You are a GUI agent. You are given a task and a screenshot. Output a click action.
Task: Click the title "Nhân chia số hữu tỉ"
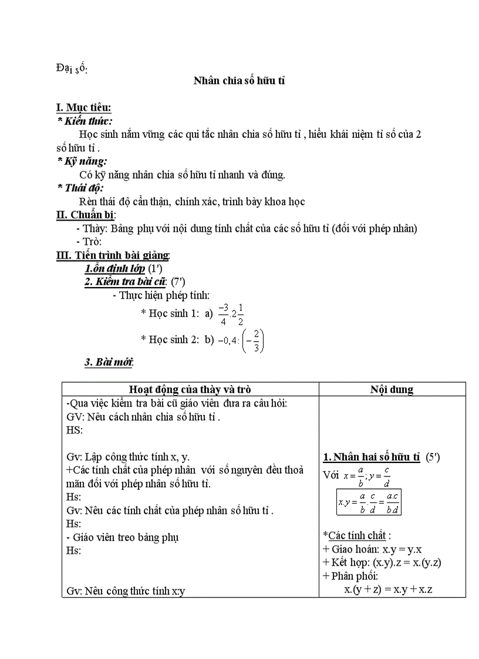point(239,81)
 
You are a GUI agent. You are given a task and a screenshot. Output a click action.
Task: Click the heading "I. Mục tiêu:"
point(83,107)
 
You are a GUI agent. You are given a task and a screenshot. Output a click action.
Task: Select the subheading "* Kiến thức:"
point(82,120)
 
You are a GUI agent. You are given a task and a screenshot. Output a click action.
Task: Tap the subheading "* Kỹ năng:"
point(82,161)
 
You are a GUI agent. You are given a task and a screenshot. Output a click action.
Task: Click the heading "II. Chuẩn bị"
point(85,215)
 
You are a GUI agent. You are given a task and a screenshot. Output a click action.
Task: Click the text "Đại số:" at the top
point(72,69)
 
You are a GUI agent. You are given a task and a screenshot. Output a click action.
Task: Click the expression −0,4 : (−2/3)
point(241,340)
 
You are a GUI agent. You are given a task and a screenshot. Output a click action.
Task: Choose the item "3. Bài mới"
point(109,362)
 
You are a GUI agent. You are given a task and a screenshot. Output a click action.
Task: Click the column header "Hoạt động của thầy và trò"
point(190,389)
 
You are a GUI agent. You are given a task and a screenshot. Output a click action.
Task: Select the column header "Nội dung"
point(392,389)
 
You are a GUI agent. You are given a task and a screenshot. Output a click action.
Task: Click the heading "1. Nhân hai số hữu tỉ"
point(372,457)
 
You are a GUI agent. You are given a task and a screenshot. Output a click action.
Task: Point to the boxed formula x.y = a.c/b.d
point(369,502)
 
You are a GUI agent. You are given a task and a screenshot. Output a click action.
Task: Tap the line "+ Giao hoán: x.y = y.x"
point(373,549)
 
